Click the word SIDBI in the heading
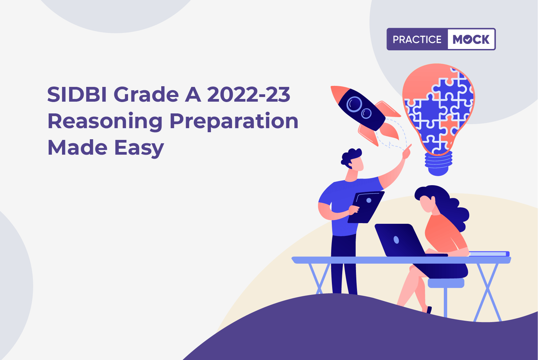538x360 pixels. coord(77,95)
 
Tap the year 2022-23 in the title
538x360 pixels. coord(249,95)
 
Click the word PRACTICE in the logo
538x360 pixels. coord(417,39)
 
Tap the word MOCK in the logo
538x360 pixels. coord(471,39)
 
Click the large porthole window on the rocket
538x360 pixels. coord(354,104)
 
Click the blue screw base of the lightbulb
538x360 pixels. coord(438,163)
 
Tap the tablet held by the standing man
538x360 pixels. coord(366,207)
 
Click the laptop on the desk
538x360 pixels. coord(404,240)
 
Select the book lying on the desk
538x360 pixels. coord(489,254)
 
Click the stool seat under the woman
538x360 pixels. coord(446,283)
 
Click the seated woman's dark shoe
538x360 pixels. coord(429,310)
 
